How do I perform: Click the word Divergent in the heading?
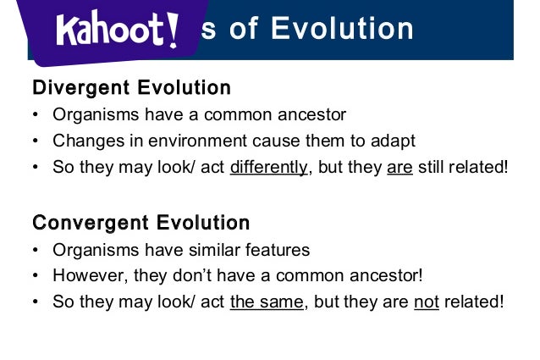click(x=74, y=88)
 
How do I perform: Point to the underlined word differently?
click(x=268, y=167)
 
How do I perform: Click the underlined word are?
click(x=399, y=167)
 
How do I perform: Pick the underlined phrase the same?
click(x=266, y=302)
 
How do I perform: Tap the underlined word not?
click(x=426, y=302)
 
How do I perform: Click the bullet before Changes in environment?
click(x=36, y=141)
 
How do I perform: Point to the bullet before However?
click(x=36, y=276)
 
